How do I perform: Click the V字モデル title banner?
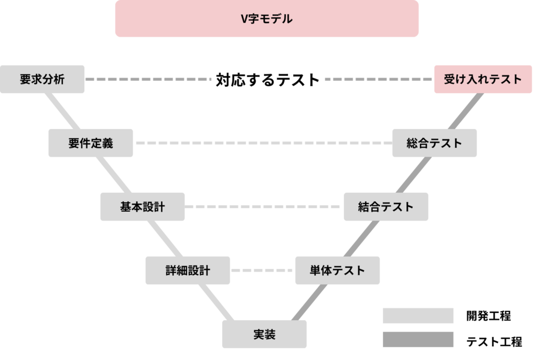[267, 19]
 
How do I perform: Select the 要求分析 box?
[42, 79]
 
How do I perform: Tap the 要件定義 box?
[91, 143]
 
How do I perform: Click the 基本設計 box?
[143, 206]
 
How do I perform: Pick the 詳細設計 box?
[188, 270]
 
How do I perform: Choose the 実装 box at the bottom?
[264, 334]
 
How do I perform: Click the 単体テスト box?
[337, 270]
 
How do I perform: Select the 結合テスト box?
[386, 206]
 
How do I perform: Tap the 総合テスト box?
[434, 143]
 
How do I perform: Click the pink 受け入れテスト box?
[483, 79]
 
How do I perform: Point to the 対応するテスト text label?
[267, 80]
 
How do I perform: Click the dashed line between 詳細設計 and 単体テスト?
[262, 270]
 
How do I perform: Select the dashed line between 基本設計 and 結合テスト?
[264, 206]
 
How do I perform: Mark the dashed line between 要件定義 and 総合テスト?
[262, 143]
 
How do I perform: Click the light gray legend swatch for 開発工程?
[418, 315]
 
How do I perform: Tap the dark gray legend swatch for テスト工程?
[418, 340]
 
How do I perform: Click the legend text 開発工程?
[488, 316]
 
